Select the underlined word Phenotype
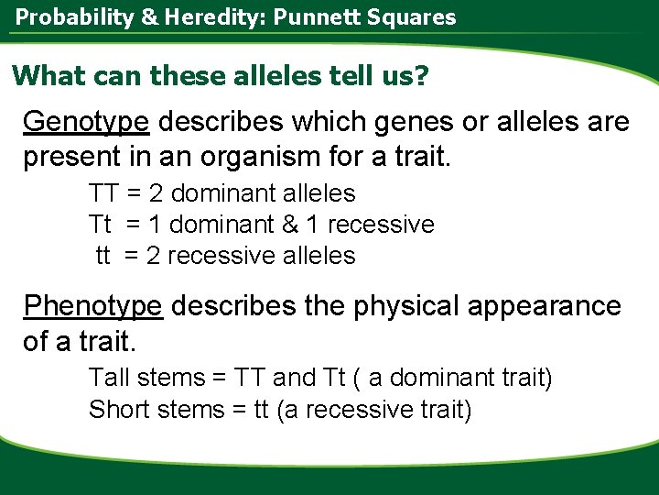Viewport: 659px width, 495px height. click(93, 306)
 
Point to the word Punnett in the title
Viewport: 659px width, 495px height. click(347, 16)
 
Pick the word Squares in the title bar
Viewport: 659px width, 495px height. click(422, 16)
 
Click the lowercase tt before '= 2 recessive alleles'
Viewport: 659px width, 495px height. click(103, 256)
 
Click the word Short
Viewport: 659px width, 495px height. click(118, 409)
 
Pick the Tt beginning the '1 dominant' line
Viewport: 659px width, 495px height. click(100, 225)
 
